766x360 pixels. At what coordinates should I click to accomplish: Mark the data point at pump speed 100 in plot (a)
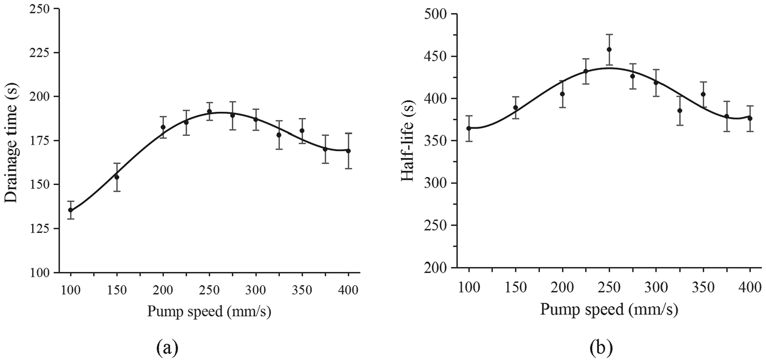(x=70, y=210)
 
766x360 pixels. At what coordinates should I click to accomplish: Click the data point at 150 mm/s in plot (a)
(x=116, y=177)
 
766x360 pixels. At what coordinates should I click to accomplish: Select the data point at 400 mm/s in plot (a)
(x=348, y=151)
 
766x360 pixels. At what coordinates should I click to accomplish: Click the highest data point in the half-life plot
(x=609, y=50)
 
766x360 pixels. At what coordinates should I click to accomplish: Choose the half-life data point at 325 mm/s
(x=680, y=110)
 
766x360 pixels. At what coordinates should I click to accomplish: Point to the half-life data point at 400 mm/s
(x=750, y=118)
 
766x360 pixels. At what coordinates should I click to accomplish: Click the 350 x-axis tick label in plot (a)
(x=302, y=290)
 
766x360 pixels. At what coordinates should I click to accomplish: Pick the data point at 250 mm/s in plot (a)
(x=209, y=111)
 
